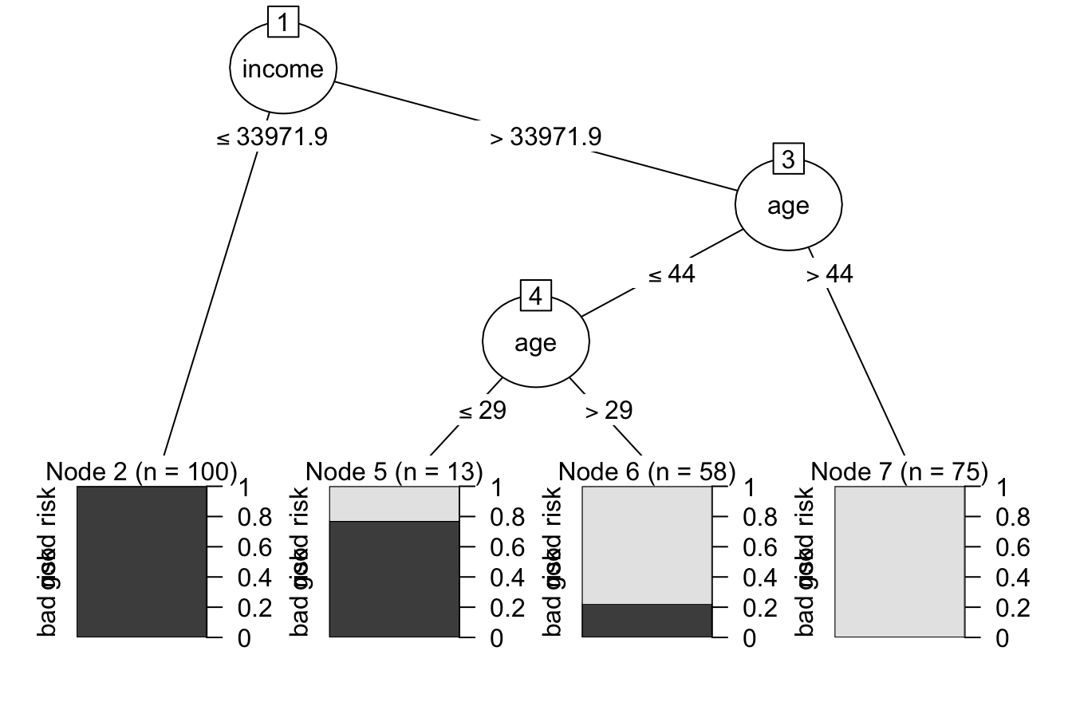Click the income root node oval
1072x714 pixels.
coord(282,69)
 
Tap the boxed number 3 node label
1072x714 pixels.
coord(789,160)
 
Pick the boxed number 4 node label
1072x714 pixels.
coord(535,297)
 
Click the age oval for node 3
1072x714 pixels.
coord(788,206)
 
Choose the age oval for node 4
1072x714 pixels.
coord(535,343)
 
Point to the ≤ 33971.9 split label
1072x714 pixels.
coord(272,137)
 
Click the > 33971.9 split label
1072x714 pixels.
coord(546,137)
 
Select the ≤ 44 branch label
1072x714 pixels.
coord(671,274)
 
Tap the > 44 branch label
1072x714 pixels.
coord(829,274)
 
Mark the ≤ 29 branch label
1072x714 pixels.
coord(482,411)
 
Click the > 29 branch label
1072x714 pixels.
coord(609,411)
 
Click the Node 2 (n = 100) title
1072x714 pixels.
coord(142,471)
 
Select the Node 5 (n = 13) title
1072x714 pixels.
coord(394,471)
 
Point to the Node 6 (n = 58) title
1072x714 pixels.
coord(647,471)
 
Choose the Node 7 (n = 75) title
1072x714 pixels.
coord(900,471)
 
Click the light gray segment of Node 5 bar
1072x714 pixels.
coord(394,503)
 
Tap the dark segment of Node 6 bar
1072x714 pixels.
coord(647,621)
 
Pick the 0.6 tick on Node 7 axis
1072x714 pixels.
coord(1011,547)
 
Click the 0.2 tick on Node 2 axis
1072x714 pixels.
coord(254,608)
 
